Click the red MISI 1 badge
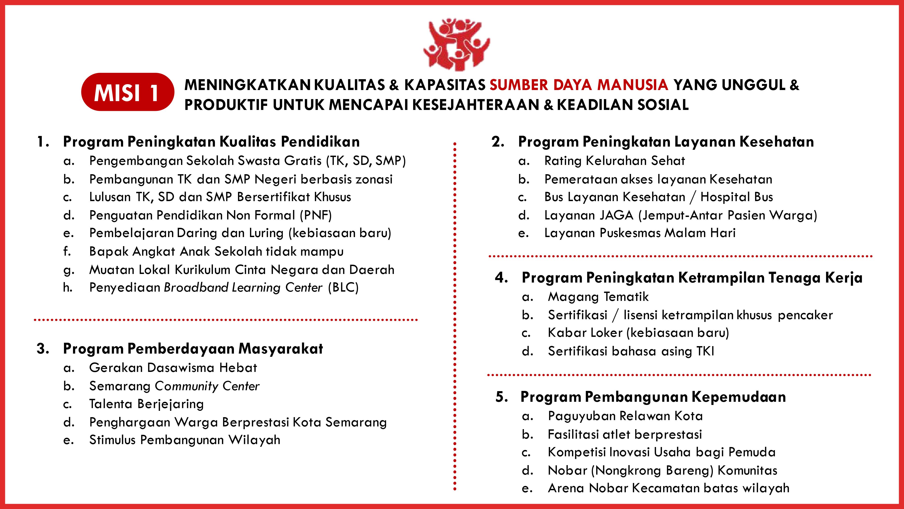(127, 92)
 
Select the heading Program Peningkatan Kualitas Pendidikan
(211, 142)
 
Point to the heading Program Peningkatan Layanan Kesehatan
(666, 142)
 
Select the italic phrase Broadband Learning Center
(243, 287)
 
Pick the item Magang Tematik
(598, 297)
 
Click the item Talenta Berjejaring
(146, 404)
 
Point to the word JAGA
(616, 215)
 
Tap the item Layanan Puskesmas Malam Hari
(640, 233)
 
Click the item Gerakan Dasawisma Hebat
(173, 368)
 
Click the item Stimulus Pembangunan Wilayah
(185, 440)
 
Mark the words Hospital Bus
(737, 197)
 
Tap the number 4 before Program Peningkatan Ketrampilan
(501, 278)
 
